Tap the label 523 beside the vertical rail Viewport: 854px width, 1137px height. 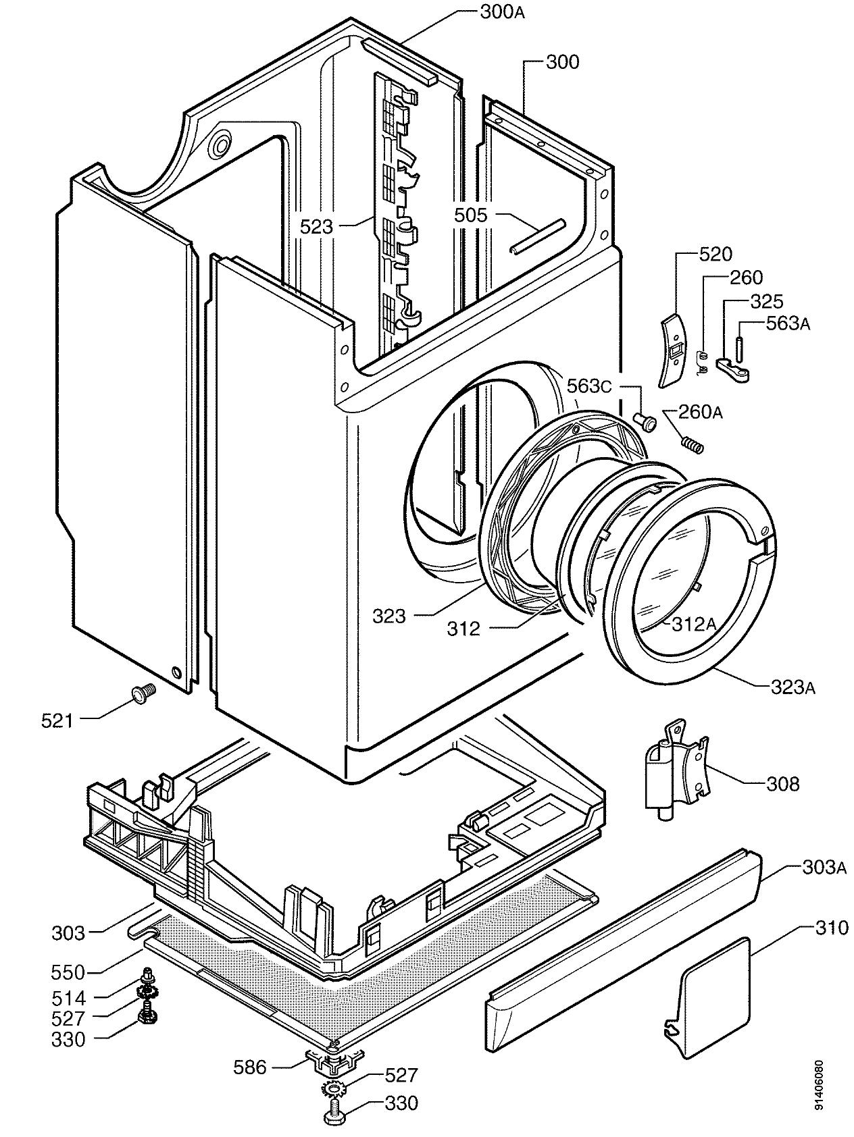(317, 226)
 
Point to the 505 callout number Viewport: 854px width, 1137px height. (470, 215)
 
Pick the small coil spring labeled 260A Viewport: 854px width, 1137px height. (691, 445)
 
